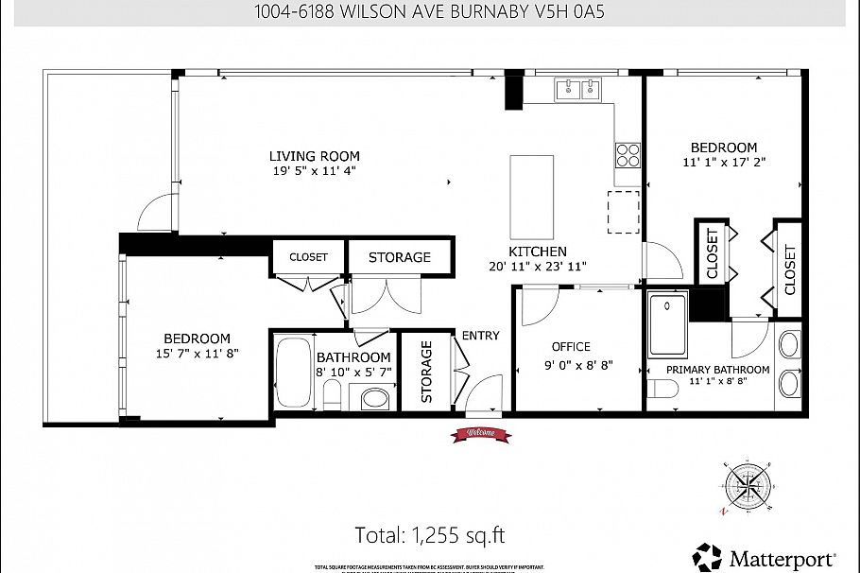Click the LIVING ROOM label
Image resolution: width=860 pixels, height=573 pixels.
click(314, 156)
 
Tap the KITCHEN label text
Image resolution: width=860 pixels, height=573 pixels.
click(538, 252)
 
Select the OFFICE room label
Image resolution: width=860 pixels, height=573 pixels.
click(571, 347)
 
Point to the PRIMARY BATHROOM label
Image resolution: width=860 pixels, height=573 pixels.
click(717, 370)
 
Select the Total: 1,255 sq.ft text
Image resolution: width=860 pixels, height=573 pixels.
click(429, 534)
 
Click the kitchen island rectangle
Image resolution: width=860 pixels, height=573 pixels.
click(531, 198)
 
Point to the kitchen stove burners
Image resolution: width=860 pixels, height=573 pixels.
click(628, 154)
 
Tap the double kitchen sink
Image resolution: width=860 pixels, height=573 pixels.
click(579, 89)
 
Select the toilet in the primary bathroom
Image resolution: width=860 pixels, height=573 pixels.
click(662, 390)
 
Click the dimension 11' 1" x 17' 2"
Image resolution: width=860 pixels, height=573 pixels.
click(723, 163)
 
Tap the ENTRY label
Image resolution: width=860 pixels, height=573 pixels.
click(480, 336)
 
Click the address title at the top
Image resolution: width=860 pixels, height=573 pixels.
click(429, 12)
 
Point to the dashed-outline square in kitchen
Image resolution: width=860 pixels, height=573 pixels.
click(623, 211)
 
